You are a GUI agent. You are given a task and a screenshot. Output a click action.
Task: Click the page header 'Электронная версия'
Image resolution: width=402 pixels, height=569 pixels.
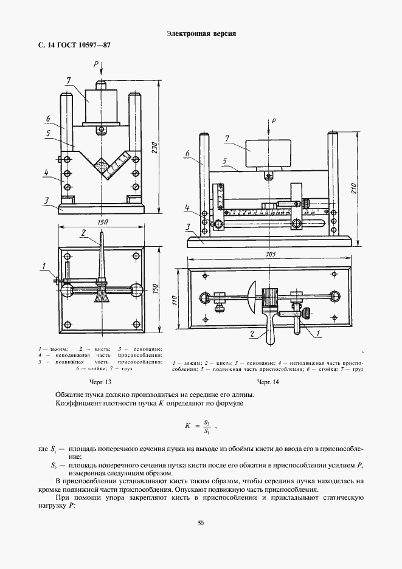point(201,34)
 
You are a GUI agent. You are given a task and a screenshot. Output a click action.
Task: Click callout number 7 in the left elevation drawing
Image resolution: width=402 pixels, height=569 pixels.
point(69,80)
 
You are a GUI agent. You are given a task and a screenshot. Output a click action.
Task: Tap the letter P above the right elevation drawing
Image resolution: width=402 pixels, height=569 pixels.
point(274,122)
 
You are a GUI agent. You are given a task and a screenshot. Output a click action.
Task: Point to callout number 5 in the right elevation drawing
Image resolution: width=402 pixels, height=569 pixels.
point(224,162)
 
